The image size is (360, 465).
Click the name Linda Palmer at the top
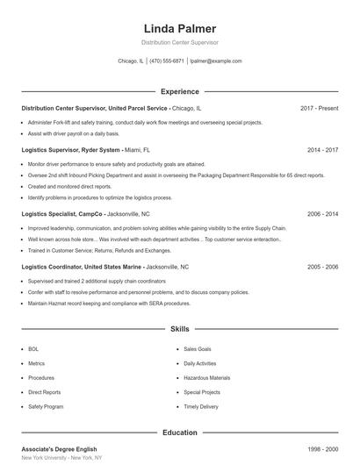pos(180,28)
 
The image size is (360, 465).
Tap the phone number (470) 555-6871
pos(167,61)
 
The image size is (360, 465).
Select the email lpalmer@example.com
pos(215,61)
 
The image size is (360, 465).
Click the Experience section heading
pos(180,91)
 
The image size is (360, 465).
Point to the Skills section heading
pos(180,329)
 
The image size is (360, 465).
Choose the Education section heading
pos(180,433)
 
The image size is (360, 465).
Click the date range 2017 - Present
pos(319,108)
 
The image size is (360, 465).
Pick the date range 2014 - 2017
pos(322,150)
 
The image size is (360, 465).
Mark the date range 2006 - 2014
pos(322,214)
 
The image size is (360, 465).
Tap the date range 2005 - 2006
pos(322,267)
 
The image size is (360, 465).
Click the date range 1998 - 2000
pos(322,448)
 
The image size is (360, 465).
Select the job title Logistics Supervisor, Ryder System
pos(71,150)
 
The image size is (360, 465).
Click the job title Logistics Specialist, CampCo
pos(62,214)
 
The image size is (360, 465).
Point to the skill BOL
pos(33,348)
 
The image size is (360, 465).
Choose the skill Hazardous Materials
pos(206,377)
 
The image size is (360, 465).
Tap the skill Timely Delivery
pos(201,407)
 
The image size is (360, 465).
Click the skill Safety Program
pos(46,407)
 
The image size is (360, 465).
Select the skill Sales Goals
pos(198,348)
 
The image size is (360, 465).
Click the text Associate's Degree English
pos(59,448)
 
